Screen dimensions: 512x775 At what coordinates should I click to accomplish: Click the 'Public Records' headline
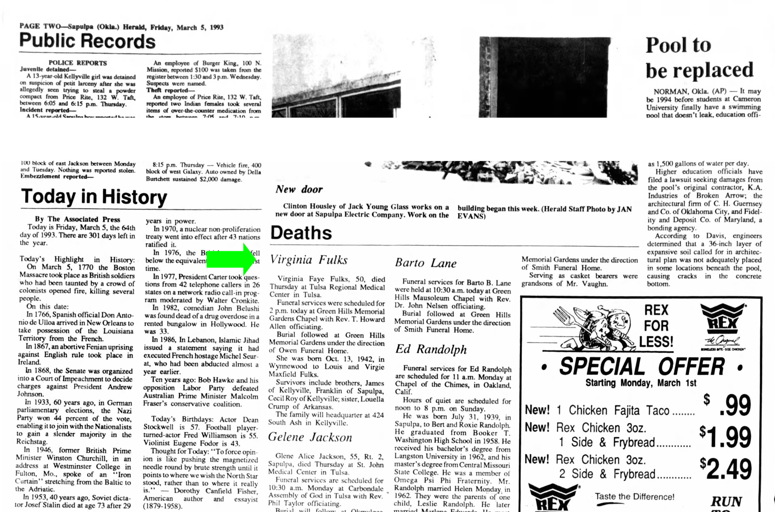point(87,41)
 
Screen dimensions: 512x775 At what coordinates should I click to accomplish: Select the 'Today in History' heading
point(94,197)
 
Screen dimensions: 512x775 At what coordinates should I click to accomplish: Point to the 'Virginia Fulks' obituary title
point(309,260)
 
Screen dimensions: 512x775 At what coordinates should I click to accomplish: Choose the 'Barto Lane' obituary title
point(426,263)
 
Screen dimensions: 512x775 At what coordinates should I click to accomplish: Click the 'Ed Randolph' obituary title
point(431,349)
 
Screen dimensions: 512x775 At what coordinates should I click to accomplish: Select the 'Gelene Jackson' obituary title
point(310,437)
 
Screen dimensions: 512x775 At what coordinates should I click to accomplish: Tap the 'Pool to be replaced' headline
point(699,58)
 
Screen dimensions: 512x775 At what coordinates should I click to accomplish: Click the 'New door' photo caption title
point(299,189)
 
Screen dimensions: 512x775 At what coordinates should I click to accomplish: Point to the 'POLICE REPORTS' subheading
point(78,63)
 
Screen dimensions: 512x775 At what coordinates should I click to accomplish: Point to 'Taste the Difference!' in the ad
point(634,497)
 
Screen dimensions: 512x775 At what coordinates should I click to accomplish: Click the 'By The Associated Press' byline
point(77,219)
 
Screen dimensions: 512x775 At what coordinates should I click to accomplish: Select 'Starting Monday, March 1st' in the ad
point(641,383)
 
